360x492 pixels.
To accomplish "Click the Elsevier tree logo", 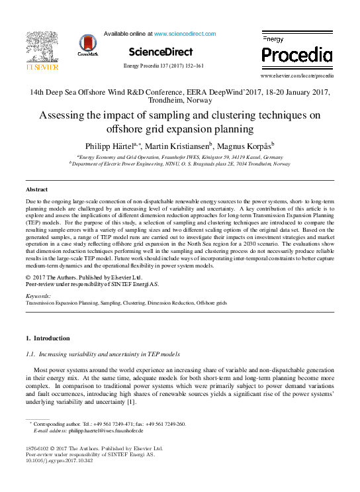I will (42, 46).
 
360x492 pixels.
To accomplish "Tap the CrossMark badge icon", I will (87, 44).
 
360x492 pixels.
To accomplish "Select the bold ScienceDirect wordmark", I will (161, 52).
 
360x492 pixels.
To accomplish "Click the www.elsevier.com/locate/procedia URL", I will (297, 76).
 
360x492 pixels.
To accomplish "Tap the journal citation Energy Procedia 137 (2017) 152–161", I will (163, 66).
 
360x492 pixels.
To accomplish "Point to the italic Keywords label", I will (38, 295).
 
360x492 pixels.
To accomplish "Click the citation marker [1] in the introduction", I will (131, 402).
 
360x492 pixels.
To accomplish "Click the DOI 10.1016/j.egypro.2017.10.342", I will (55, 462).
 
